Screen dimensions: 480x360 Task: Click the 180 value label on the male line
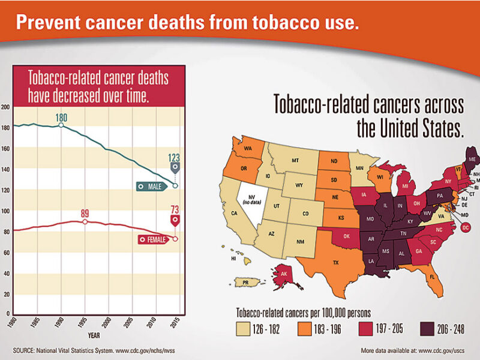click(x=62, y=118)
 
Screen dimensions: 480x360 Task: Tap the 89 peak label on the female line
click(x=85, y=213)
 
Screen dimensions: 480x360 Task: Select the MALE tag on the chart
click(x=152, y=187)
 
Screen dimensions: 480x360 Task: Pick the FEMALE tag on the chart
click(x=154, y=239)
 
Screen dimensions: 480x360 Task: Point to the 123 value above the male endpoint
click(x=174, y=158)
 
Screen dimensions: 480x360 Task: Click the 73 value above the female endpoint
click(x=175, y=209)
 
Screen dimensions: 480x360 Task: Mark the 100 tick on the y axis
click(x=7, y=211)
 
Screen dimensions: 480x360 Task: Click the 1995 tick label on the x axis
click(x=82, y=323)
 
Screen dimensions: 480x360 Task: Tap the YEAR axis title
click(x=94, y=335)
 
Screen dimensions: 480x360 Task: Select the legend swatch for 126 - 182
click(x=243, y=329)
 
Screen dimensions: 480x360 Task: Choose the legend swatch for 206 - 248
click(x=427, y=329)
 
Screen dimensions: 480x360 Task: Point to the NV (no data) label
click(x=251, y=200)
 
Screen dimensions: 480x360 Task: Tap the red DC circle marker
click(x=466, y=227)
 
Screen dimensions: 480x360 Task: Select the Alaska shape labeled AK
click(x=283, y=274)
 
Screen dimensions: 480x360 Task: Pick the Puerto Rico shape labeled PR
click(x=247, y=282)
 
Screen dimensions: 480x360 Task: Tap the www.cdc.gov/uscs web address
click(x=442, y=350)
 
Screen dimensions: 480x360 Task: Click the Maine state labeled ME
click(x=472, y=159)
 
